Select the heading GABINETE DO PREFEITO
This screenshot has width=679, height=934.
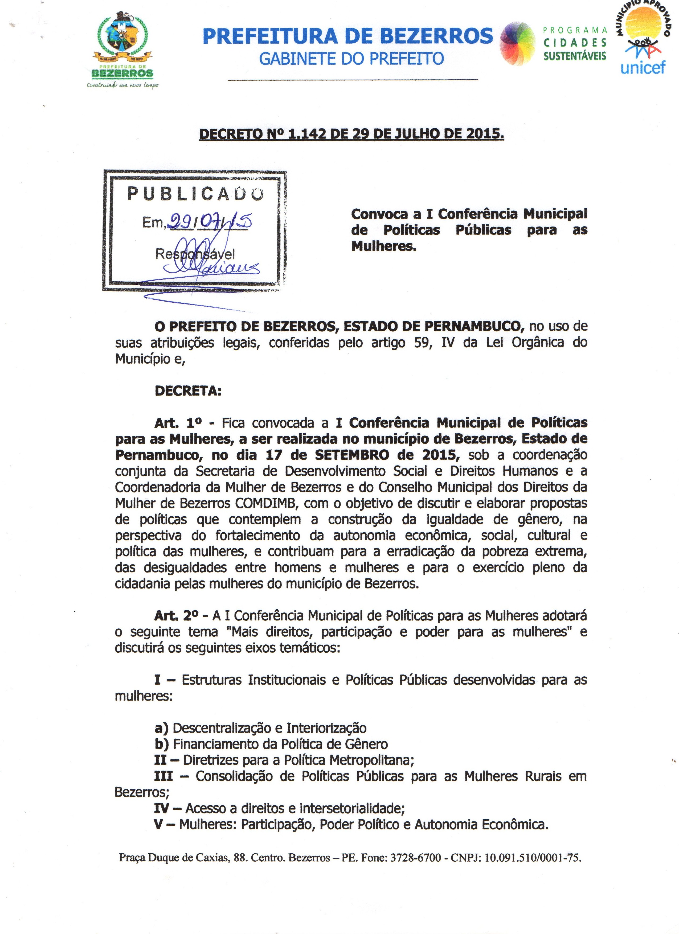click(351, 59)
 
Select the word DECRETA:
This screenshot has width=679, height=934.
click(188, 391)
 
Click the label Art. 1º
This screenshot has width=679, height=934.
click(178, 423)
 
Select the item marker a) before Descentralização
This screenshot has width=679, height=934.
click(162, 728)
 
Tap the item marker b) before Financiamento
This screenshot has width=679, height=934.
click(162, 744)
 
